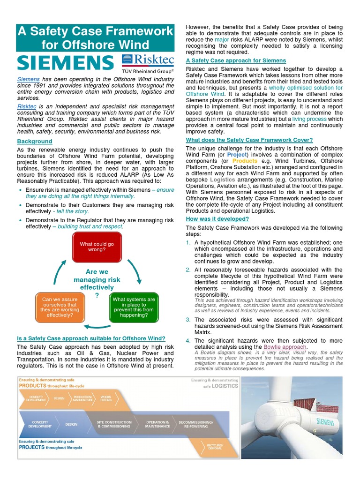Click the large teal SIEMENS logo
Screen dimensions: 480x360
pyautogui.click(x=65, y=62)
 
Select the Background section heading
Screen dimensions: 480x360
pyautogui.click(x=35, y=142)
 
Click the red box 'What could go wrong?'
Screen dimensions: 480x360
pyautogui.click(x=97, y=247)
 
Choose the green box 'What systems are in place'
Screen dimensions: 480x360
pyautogui.click(x=134, y=307)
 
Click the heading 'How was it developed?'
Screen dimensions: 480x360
pyautogui.click(x=217, y=219)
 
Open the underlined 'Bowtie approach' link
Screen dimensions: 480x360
pyautogui.click(x=278, y=347)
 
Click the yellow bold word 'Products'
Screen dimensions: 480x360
pyautogui.click(x=245, y=161)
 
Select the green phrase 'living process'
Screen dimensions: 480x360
pyautogui.click(x=310, y=120)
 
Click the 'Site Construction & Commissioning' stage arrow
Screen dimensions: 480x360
pyautogui.click(x=114, y=424)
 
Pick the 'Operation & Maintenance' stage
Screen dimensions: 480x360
pyautogui.click(x=157, y=424)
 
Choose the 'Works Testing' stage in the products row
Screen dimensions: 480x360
pyautogui.click(x=106, y=398)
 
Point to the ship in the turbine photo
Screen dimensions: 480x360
pyautogui.click(x=312, y=398)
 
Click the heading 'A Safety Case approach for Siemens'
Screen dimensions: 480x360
pyautogui.click(x=236, y=60)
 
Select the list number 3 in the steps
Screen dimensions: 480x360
pyautogui.click(x=188, y=320)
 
